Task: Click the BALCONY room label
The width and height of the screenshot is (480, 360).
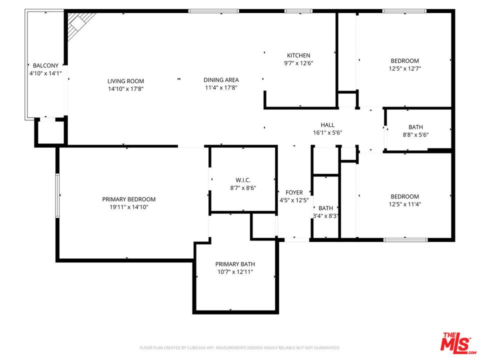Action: pos(45,65)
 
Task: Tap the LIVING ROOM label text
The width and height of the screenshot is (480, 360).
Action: pos(125,81)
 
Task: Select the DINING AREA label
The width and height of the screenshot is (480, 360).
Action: pos(221,79)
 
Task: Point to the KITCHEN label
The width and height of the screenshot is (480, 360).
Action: pos(298,55)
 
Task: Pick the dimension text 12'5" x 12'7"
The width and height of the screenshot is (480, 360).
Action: pos(404,69)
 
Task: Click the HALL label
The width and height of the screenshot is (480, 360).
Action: pos(327,125)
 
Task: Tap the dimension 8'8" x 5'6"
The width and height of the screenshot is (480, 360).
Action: pos(415,134)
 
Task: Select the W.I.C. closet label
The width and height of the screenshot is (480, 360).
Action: pos(243,180)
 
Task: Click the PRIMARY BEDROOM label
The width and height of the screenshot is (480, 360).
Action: pos(128,199)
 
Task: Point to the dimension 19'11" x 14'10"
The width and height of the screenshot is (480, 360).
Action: pos(128,207)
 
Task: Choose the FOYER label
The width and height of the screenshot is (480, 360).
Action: pos(294,192)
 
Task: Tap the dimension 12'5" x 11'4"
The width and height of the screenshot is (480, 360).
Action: pos(404,204)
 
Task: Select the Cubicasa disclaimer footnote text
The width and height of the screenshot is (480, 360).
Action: pos(239,347)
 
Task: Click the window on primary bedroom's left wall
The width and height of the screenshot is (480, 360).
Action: pos(57,195)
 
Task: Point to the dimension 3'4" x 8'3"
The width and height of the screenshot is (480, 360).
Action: pos(325,216)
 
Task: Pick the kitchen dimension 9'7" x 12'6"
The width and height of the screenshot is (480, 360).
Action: pos(298,63)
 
